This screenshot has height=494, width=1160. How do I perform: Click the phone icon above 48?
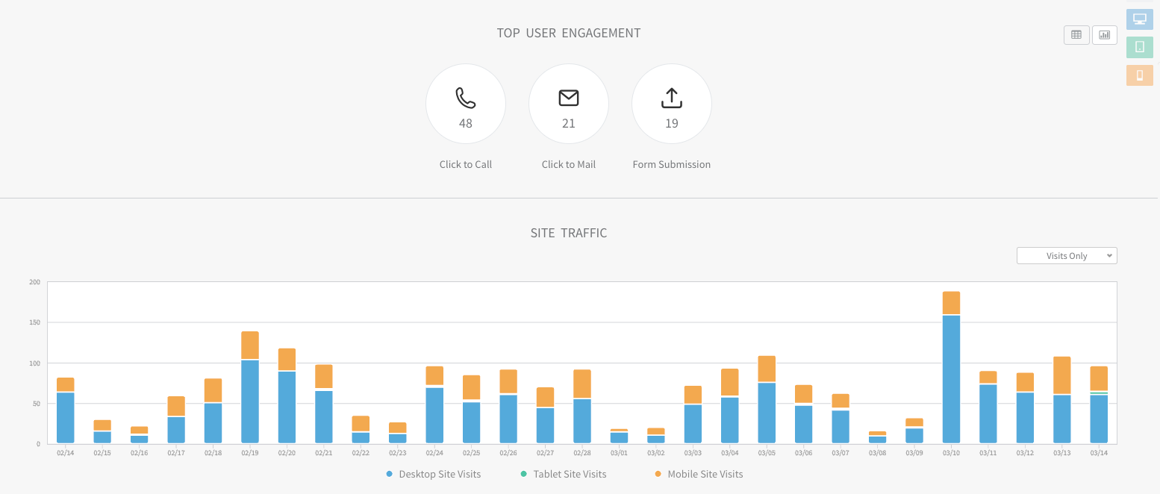(x=465, y=98)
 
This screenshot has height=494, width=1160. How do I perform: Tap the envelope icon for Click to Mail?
(x=569, y=98)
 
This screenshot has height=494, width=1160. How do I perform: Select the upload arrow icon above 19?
(x=672, y=98)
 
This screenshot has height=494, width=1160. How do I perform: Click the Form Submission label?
(x=671, y=164)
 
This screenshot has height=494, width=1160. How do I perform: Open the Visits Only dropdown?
(x=1067, y=256)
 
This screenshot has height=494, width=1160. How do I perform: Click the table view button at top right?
(x=1076, y=34)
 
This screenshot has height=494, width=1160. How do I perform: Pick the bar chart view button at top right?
(x=1105, y=34)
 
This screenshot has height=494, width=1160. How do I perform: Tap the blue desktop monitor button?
(x=1139, y=19)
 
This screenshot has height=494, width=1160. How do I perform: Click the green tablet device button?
(x=1139, y=47)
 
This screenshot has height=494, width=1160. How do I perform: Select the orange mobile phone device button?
(x=1139, y=75)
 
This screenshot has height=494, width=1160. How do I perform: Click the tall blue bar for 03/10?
(x=951, y=380)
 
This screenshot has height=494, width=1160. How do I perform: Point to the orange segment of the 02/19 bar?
(x=250, y=345)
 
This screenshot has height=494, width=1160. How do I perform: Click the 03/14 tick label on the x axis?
(x=1098, y=452)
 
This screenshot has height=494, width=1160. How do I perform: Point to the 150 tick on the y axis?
(x=34, y=322)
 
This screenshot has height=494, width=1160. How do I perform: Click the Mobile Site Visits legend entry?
(x=699, y=474)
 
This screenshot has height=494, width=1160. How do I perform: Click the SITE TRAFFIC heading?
(x=569, y=233)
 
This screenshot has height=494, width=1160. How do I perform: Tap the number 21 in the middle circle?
(x=569, y=123)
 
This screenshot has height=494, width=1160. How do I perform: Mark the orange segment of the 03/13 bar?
(x=1061, y=375)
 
